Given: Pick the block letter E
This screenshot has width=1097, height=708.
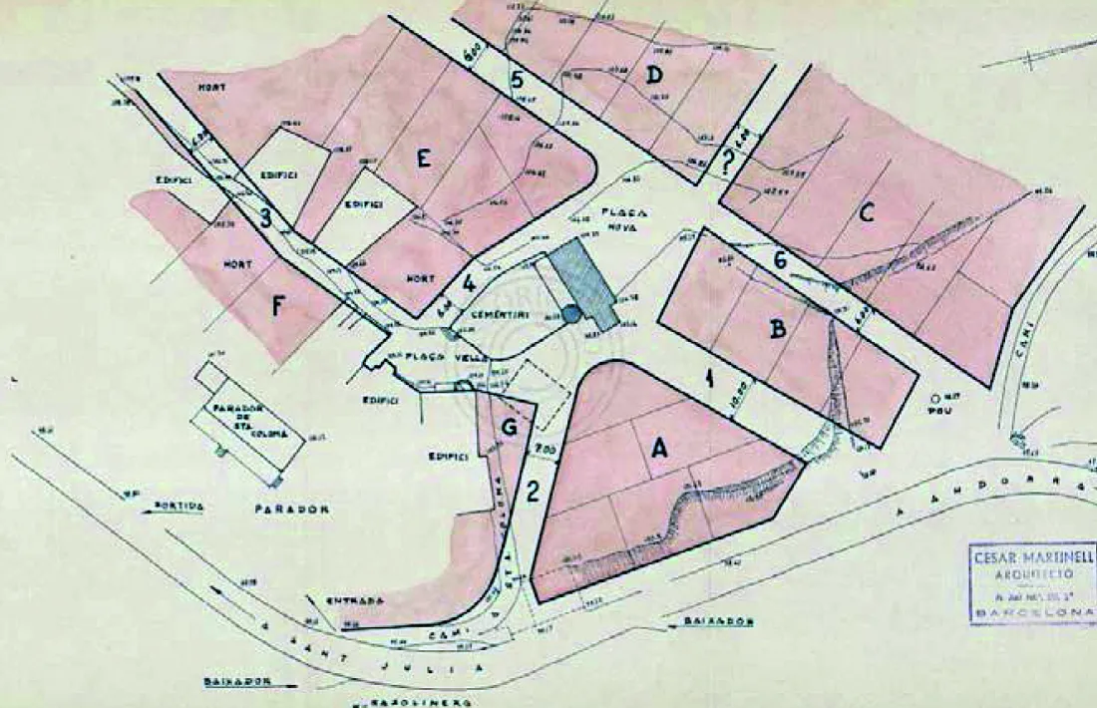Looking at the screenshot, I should (424, 160).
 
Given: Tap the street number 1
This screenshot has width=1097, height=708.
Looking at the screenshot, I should (707, 378).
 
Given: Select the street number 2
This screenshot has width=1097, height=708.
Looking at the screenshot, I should (534, 491).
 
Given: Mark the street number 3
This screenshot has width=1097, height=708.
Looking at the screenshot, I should (265, 217).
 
